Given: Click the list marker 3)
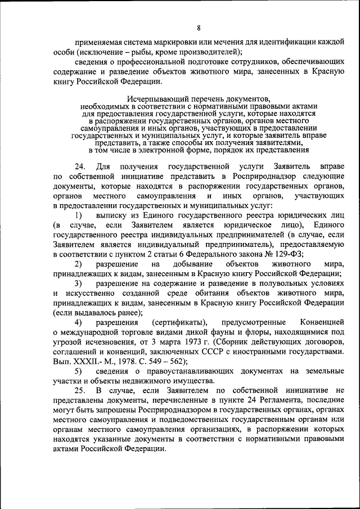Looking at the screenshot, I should click(78, 283).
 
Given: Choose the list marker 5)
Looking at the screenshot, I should click(78, 371).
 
